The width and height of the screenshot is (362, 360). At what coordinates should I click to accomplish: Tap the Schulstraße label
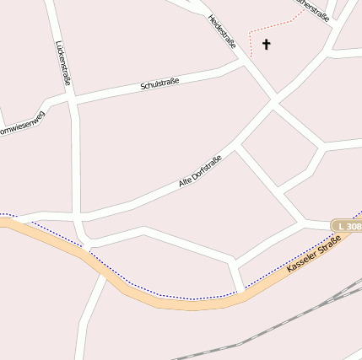(160, 85)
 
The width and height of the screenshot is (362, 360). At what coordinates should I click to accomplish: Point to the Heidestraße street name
(222, 31)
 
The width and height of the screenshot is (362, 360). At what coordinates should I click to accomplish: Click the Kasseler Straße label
(314, 253)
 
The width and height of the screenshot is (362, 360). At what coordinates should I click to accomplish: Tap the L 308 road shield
(347, 226)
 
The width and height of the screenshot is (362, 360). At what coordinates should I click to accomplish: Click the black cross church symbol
(267, 44)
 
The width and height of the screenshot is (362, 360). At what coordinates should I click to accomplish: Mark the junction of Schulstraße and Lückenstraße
(71, 100)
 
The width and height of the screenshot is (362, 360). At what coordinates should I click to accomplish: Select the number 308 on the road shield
(352, 226)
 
